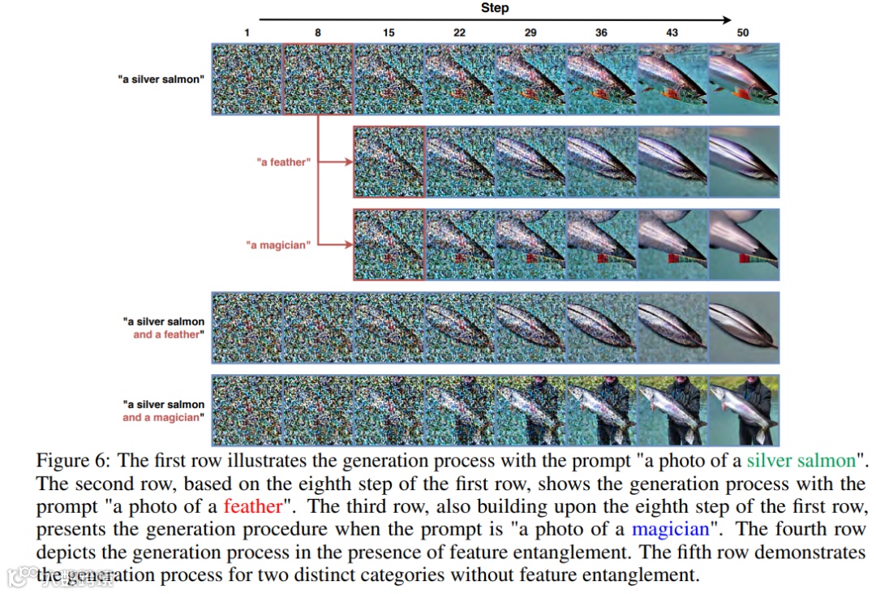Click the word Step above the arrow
(x=494, y=8)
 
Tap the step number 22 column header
(x=459, y=33)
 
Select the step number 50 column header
(x=743, y=33)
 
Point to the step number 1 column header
(x=246, y=33)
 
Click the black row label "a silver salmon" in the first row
(x=161, y=80)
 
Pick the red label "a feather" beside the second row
(x=283, y=162)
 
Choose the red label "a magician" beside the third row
(x=278, y=245)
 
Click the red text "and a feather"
(x=169, y=334)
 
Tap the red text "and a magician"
(x=163, y=418)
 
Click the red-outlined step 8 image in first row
(x=318, y=79)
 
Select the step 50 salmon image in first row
(x=744, y=79)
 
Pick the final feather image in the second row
(x=744, y=161)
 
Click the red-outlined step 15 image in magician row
(x=389, y=244)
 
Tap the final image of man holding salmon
(x=744, y=410)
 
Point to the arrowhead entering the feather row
(x=349, y=162)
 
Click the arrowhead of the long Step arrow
(x=727, y=20)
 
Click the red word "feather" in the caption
(x=253, y=507)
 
